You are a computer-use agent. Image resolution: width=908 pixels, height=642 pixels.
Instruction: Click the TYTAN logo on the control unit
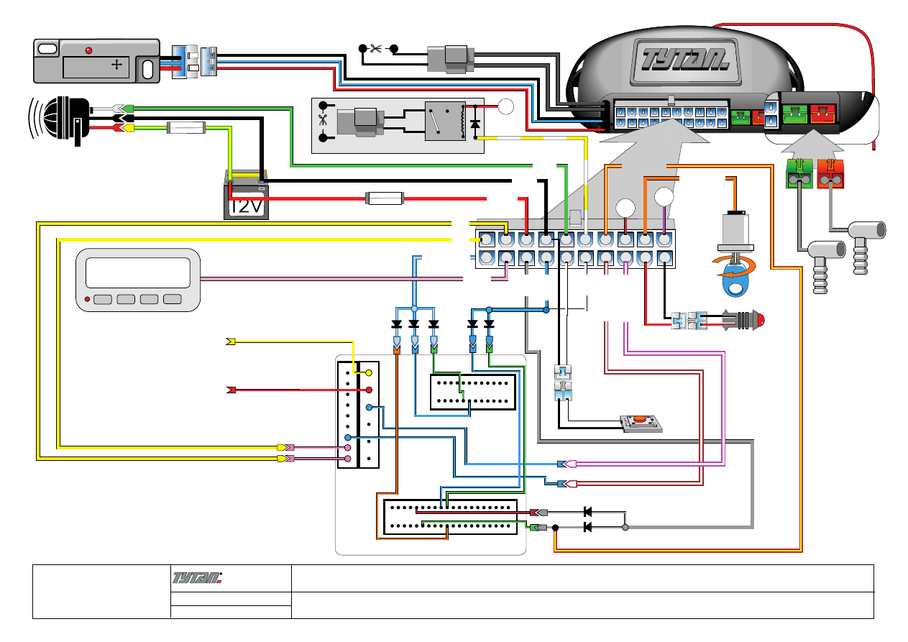pyautogui.click(x=680, y=57)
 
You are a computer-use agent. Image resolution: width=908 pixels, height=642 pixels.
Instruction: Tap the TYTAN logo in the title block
pyautogui.click(x=198, y=577)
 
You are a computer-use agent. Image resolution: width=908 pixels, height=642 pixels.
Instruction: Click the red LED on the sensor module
pyautogui.click(x=88, y=50)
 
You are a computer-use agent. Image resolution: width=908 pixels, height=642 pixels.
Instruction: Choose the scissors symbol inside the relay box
pyautogui.click(x=322, y=121)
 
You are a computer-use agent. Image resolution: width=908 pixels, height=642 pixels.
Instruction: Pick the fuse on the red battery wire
pyautogui.click(x=385, y=198)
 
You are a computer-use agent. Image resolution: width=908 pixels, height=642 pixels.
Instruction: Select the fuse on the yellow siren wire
pyautogui.click(x=186, y=129)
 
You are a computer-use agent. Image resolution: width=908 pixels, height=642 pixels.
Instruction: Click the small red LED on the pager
pyautogui.click(x=87, y=299)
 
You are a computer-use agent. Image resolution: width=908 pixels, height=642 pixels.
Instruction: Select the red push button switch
pyautogui.click(x=638, y=420)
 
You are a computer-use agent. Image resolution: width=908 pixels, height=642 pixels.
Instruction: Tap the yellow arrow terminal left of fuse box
pyautogui.click(x=231, y=341)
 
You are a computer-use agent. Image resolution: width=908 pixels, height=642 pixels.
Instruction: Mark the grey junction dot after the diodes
pyautogui.click(x=625, y=528)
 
